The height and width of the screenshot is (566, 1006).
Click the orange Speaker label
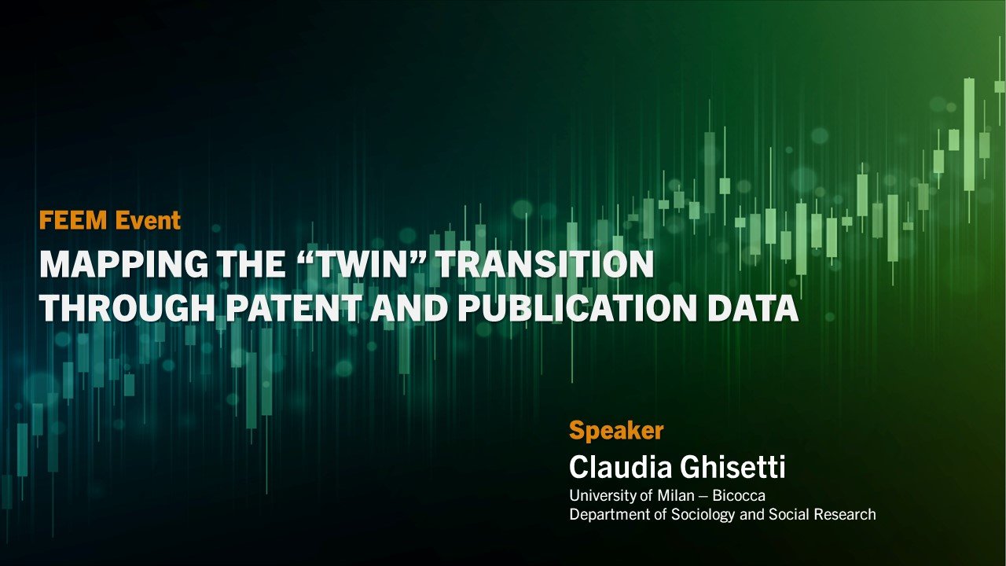pos(616,431)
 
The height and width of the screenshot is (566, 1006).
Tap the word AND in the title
pos(406,309)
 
